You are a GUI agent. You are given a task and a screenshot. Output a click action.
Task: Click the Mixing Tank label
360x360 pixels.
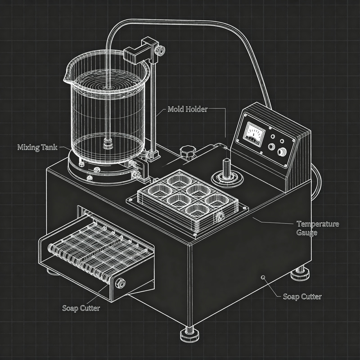click(36, 147)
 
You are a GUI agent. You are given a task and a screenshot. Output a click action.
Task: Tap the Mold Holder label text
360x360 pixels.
click(187, 109)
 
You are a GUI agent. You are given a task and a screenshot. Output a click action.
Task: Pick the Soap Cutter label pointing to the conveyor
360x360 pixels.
click(81, 308)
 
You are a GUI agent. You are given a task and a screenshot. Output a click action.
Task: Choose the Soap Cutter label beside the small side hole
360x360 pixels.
click(302, 297)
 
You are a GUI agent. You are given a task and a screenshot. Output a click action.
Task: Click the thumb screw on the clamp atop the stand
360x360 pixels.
click(160, 51)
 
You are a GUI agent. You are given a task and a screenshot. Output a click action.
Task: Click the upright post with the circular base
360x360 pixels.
click(227, 169)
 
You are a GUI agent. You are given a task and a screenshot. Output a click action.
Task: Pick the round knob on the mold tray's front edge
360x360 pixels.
click(220, 217)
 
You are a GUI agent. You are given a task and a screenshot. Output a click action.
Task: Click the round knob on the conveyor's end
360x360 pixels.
click(120, 283)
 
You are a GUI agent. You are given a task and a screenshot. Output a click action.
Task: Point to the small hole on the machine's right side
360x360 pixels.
click(263, 277)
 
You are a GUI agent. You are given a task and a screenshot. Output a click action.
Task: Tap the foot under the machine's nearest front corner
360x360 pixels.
click(189, 334)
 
